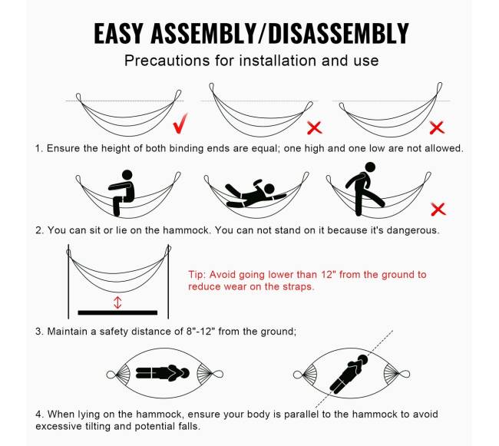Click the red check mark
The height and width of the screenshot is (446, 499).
[x=180, y=124]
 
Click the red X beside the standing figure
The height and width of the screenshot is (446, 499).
[x=438, y=210]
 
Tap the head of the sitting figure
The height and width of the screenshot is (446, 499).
[x=127, y=175]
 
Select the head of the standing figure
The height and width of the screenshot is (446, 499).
[x=370, y=167]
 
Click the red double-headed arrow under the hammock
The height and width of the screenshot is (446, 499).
[x=117, y=302]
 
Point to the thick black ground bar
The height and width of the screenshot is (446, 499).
[x=117, y=312]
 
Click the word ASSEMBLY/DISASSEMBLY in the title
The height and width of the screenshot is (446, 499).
[x=279, y=34]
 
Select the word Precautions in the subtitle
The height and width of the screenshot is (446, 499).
[x=167, y=61]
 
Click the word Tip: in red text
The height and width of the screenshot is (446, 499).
[x=197, y=275]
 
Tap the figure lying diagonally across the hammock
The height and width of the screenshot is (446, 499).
[x=349, y=374]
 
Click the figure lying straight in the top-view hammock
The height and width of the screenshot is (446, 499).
[x=163, y=373]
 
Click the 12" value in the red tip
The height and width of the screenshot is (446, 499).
[x=329, y=275]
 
